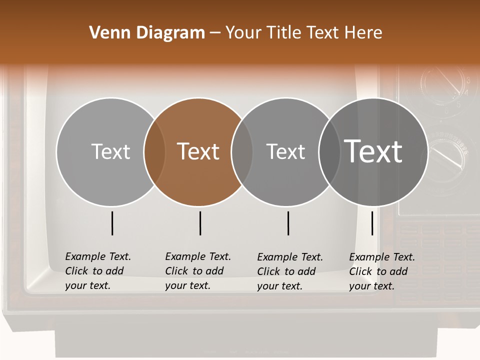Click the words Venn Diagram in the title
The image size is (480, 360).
(147, 33)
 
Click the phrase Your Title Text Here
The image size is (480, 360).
(304, 33)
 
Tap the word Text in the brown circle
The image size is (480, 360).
(198, 151)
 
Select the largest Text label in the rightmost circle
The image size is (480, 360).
(373, 151)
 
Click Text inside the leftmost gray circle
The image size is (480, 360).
(110, 151)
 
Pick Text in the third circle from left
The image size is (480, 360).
(285, 151)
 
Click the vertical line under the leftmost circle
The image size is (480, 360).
(112, 223)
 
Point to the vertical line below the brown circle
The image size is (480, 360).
(200, 223)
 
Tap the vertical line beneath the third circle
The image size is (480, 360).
(288, 223)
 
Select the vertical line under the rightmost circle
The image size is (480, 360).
(372, 223)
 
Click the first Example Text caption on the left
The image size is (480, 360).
(98, 271)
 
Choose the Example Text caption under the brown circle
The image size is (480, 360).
(198, 271)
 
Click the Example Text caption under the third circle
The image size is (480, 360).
(290, 271)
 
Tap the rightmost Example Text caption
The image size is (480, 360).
(382, 271)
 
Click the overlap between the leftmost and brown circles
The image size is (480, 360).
(154, 151)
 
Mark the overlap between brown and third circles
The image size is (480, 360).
(242, 151)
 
